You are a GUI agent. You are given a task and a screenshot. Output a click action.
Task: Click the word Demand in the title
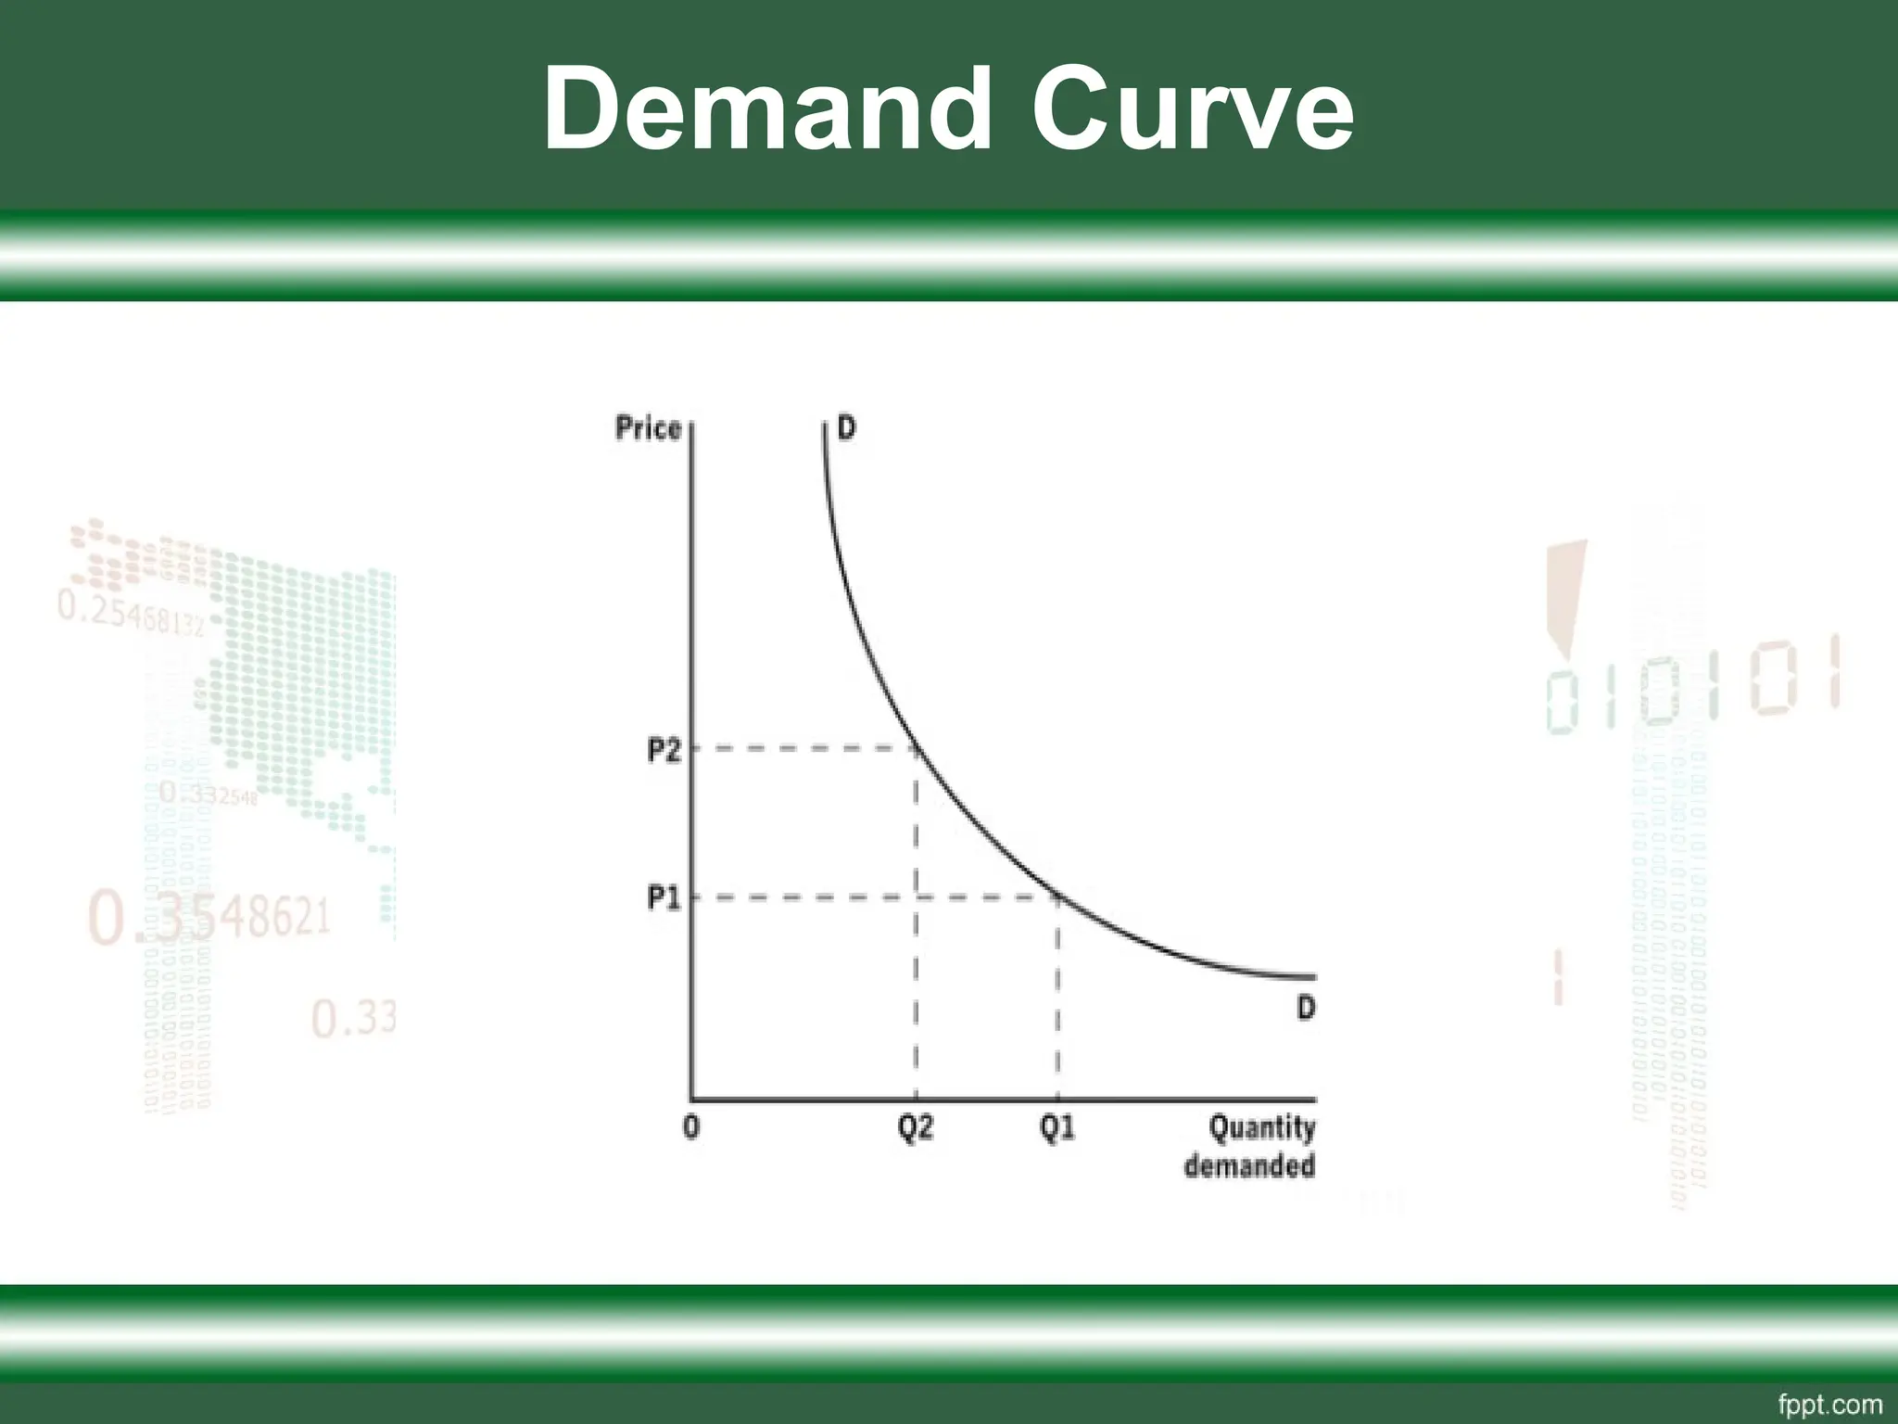tap(767, 109)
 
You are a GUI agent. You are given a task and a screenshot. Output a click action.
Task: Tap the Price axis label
tap(648, 428)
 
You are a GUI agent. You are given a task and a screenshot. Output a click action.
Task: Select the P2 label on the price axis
tap(664, 750)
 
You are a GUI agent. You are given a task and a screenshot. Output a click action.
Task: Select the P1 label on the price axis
tap(664, 897)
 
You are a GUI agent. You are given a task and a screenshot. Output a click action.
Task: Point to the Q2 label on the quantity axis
tap(916, 1128)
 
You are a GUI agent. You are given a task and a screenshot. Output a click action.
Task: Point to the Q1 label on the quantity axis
tap(1057, 1128)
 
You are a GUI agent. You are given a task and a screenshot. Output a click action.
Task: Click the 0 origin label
tap(691, 1128)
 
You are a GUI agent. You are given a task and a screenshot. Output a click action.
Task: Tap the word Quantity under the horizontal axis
tap(1262, 1128)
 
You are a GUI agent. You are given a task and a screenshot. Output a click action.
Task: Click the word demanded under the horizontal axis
tap(1249, 1165)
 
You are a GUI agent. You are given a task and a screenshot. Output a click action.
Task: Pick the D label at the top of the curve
tap(847, 428)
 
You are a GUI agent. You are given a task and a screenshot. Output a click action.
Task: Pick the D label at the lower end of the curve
tap(1306, 1008)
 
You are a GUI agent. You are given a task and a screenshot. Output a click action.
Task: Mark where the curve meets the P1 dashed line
tap(1057, 896)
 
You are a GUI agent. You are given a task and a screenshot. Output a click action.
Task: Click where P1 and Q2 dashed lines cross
tap(916, 896)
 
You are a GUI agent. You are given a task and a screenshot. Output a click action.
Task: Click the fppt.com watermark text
tap(1829, 1405)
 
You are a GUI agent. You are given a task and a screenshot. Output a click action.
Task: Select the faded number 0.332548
tap(208, 794)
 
